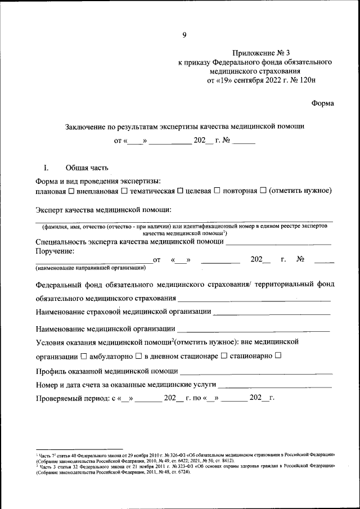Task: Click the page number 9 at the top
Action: click(x=184, y=35)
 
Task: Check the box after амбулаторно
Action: click(x=138, y=356)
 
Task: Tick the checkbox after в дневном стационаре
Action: click(x=223, y=356)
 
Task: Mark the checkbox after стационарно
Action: click(x=278, y=356)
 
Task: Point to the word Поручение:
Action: click(x=55, y=251)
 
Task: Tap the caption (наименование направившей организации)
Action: click(x=91, y=268)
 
